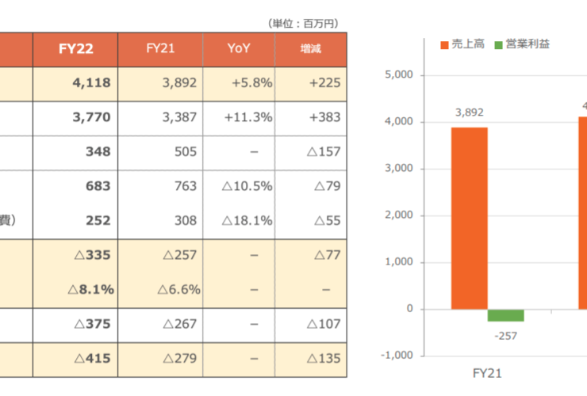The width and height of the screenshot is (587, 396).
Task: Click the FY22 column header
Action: pyautogui.click(x=76, y=49)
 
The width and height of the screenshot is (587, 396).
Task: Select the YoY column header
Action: pyautogui.click(x=239, y=49)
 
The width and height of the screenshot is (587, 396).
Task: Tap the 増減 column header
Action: pyautogui.click(x=310, y=49)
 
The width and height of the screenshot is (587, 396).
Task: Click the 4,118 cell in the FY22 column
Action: pyautogui.click(x=90, y=82)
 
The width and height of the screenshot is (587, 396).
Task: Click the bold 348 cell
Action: pyautogui.click(x=98, y=151)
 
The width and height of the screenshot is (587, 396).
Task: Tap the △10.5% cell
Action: pyautogui.click(x=246, y=186)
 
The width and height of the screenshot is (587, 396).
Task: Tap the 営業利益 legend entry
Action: pyautogui.click(x=523, y=44)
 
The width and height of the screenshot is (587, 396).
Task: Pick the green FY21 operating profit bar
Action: pyautogui.click(x=505, y=315)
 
